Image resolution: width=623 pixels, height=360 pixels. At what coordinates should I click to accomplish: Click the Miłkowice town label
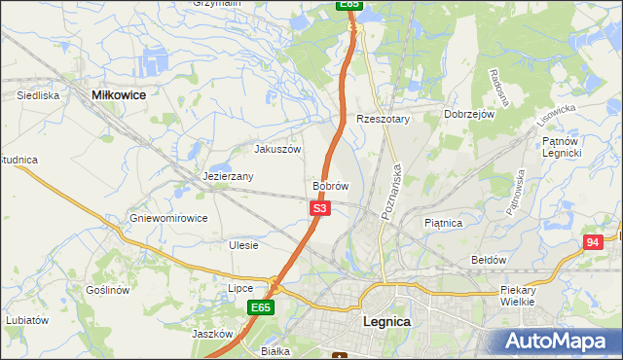(x=118, y=95)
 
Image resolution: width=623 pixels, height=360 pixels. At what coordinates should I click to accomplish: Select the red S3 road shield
(x=321, y=208)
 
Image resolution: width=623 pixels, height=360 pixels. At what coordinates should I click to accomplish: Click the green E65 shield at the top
(x=350, y=5)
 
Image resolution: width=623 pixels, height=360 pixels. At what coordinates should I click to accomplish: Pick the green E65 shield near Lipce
(x=260, y=307)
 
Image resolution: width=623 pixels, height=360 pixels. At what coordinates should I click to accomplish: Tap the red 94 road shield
(x=593, y=241)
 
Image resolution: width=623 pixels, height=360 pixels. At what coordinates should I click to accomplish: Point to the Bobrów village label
(x=330, y=185)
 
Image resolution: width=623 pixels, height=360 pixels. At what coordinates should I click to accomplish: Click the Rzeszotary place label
(x=384, y=119)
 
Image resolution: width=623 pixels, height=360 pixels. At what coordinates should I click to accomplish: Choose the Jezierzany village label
(x=228, y=177)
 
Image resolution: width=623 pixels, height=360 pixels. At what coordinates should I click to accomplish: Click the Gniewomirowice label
(x=169, y=218)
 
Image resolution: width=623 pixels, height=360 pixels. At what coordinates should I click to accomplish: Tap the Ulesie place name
(x=242, y=245)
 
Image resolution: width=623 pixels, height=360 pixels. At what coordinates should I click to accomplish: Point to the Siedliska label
(x=39, y=96)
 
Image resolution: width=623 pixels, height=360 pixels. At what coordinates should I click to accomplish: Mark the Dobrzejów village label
(x=470, y=114)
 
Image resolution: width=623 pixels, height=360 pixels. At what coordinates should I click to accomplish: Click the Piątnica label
(x=443, y=223)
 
